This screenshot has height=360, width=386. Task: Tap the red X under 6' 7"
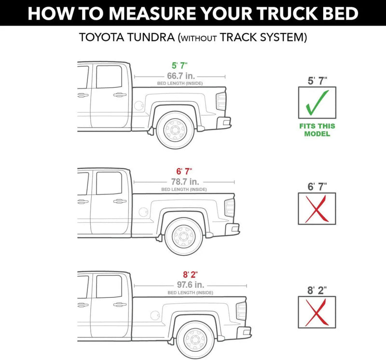point(317,208)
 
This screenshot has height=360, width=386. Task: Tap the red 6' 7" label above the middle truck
point(184,171)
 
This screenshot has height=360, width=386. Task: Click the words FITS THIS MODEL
point(317,130)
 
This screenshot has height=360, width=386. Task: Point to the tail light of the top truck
point(221,101)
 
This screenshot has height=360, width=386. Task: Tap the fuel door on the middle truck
point(143,212)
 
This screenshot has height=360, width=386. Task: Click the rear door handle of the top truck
point(120,95)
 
